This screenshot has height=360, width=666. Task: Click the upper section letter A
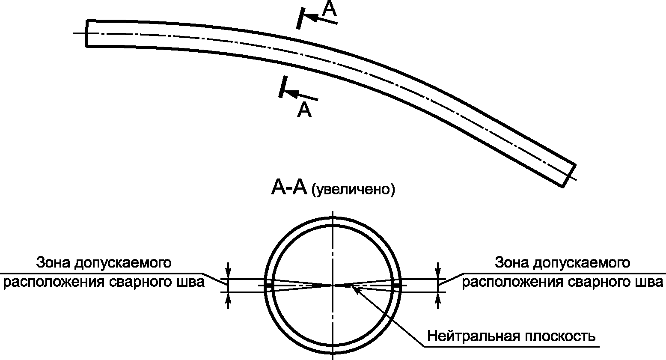pos(329,9)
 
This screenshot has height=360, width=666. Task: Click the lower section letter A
pos(304,110)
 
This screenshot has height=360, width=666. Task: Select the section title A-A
pos(289,188)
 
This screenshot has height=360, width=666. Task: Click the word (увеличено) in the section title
pos(353,189)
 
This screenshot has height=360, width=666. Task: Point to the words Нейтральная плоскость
pos(511,336)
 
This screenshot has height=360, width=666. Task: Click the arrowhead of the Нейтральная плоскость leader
pos(355,289)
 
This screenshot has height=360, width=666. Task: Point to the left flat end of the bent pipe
pos(87,33)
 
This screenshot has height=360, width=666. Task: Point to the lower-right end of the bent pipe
pos(568,175)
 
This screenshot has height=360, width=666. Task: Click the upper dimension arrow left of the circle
pos(229,271)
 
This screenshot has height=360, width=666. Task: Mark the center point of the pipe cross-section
pos(333,285)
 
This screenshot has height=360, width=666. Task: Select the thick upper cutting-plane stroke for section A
pos(300,18)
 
